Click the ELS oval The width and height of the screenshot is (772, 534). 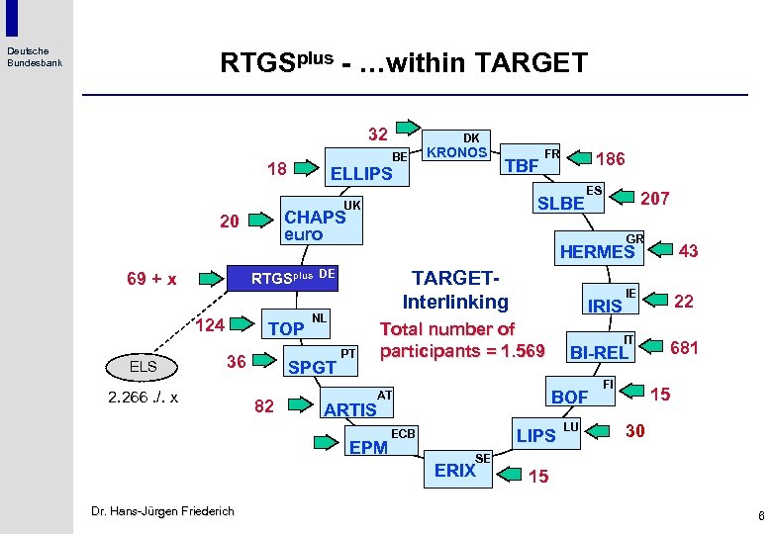[144, 367]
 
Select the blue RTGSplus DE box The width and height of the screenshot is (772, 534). [286, 279]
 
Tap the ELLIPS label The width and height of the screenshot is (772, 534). [360, 174]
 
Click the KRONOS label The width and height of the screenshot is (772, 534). [456, 152]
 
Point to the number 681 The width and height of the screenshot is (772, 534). [684, 347]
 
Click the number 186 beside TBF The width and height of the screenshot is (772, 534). [610, 158]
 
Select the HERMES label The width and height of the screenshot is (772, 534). [596, 252]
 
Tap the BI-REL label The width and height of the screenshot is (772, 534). [597, 352]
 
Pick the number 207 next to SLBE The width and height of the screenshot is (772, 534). [654, 198]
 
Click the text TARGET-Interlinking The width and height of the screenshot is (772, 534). [455, 291]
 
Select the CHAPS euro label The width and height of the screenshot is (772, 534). [314, 224]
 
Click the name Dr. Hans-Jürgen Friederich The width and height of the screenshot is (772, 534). [162, 510]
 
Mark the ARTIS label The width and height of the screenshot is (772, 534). [350, 409]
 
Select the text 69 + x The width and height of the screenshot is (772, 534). [151, 279]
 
